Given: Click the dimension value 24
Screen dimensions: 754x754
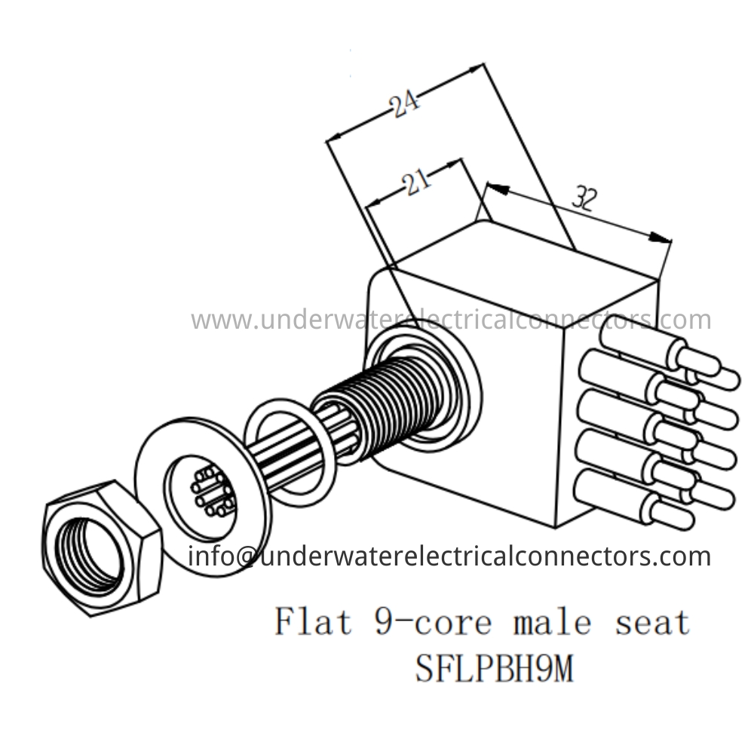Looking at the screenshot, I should [x=406, y=104].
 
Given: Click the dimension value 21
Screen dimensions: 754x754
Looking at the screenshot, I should [x=416, y=182].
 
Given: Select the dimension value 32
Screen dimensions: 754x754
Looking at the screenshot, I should [x=584, y=199].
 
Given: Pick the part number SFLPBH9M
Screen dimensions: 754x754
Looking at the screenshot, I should [x=494, y=667].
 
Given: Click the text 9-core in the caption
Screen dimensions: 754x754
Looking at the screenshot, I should [x=432, y=622].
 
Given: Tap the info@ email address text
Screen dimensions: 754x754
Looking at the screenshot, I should [x=449, y=556].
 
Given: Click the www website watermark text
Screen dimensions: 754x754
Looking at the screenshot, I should [x=451, y=320].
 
